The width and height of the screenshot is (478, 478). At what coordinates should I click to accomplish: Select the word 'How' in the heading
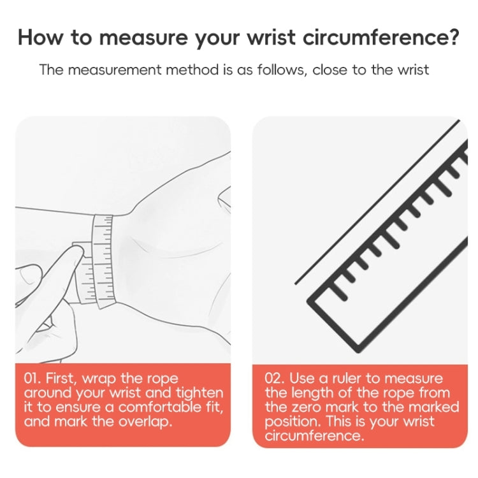(40, 37)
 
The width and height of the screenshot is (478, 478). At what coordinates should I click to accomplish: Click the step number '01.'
(34, 379)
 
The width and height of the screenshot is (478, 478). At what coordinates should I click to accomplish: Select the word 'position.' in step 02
(292, 421)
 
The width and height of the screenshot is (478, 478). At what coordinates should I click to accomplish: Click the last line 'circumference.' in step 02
(314, 435)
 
